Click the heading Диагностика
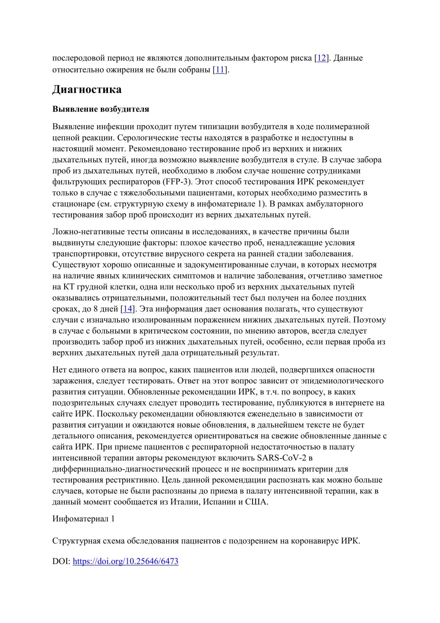[87, 90]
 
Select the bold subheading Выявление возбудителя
[101, 109]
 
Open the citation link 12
[321, 58]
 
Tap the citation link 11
[220, 69]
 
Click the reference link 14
[127, 309]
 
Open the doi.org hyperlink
[125, 562]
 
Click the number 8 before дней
[96, 309]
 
